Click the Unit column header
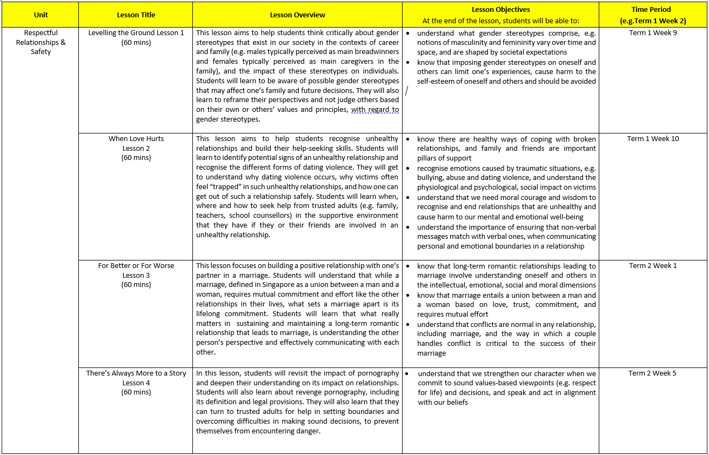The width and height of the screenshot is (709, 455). (41, 15)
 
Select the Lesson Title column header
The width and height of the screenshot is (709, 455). (136, 15)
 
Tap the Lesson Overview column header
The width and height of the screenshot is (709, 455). (297, 15)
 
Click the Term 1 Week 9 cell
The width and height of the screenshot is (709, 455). (653, 33)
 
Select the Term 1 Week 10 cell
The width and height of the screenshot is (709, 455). (653, 139)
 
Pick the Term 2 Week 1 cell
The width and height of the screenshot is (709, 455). (653, 266)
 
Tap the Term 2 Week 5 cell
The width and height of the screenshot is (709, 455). (652, 373)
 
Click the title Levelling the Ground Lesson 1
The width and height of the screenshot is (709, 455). (136, 33)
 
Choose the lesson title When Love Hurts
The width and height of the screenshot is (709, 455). (136, 139)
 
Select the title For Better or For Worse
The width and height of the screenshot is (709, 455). (136, 266)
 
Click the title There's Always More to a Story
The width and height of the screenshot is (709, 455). (136, 373)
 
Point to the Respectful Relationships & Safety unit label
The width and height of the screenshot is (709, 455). (41, 42)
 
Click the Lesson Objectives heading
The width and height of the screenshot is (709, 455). (500, 10)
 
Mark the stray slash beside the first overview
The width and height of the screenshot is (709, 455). (406, 91)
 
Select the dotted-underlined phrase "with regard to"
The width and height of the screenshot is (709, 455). (374, 110)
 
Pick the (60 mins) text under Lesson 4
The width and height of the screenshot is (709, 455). (136, 392)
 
